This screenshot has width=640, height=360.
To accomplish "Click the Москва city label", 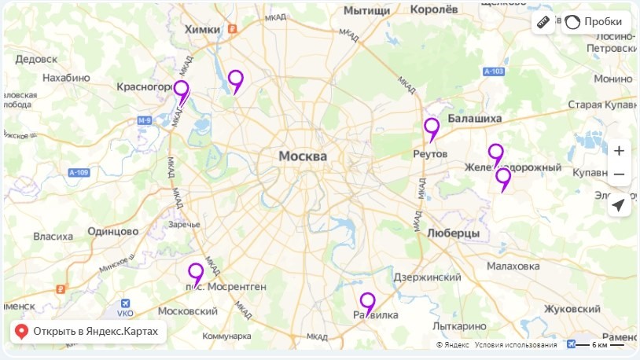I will (x=303, y=156).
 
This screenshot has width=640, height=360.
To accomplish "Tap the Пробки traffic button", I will (x=597, y=22).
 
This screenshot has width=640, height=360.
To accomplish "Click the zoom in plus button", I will (x=619, y=151).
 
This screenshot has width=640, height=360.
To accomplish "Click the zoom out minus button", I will (x=619, y=174).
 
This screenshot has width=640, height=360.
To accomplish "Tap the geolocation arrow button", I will (x=619, y=205).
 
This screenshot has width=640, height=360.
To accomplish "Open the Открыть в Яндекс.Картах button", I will (x=88, y=332).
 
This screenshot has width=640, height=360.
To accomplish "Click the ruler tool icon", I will (x=543, y=22).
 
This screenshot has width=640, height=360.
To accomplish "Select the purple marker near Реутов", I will (x=432, y=127).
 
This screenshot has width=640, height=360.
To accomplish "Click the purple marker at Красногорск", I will (x=182, y=90).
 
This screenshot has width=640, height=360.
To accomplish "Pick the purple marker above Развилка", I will (x=367, y=301).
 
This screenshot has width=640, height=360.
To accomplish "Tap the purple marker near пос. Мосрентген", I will (x=196, y=272).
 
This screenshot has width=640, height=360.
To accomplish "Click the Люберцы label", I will (x=454, y=233).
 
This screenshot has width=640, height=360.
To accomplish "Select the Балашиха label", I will (x=474, y=118).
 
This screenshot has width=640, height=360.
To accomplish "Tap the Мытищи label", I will (x=367, y=10).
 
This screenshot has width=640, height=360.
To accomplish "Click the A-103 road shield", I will (x=494, y=72).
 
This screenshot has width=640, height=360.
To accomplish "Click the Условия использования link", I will (x=516, y=345).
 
